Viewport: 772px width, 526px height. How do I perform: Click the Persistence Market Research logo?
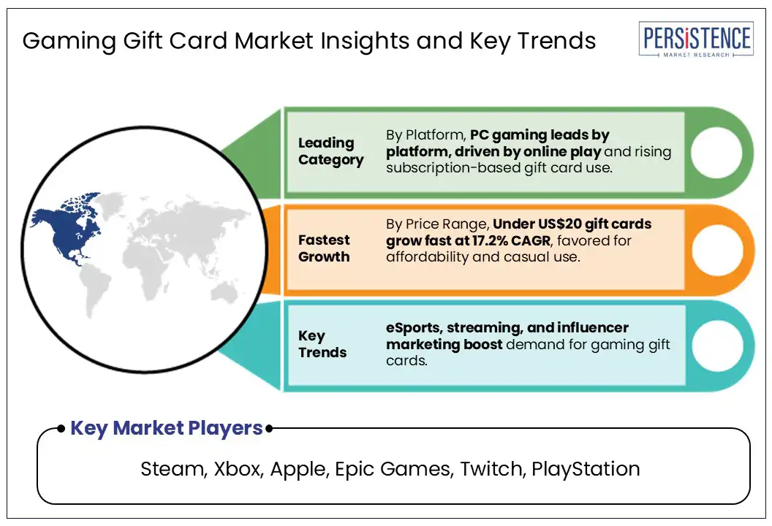click(696, 39)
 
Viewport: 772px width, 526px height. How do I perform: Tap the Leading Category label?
click(331, 151)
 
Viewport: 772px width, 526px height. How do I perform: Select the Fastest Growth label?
click(324, 248)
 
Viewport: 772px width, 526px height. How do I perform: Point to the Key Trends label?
click(322, 344)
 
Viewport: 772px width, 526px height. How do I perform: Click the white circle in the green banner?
click(716, 152)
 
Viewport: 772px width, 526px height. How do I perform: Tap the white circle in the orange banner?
click(717, 251)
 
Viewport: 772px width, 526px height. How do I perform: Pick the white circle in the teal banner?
click(717, 346)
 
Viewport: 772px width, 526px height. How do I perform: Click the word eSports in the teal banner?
click(414, 328)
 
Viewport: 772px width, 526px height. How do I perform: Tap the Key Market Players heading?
click(167, 428)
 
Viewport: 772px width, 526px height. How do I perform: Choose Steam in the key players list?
click(173, 469)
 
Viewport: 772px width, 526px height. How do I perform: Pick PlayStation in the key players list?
click(586, 470)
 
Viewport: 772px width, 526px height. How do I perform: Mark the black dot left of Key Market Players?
click(61, 429)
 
